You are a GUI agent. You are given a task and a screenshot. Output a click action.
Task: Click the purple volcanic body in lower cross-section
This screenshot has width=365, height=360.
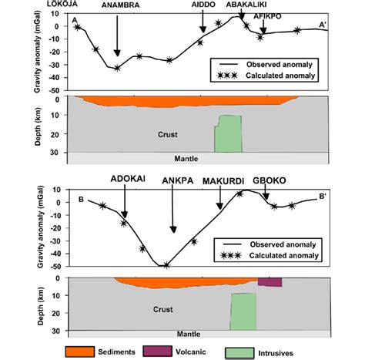[270, 282]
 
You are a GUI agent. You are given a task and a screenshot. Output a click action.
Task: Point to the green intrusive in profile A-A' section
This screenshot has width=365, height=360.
[228, 133]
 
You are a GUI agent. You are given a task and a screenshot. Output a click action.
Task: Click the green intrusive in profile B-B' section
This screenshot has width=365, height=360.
[243, 311]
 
